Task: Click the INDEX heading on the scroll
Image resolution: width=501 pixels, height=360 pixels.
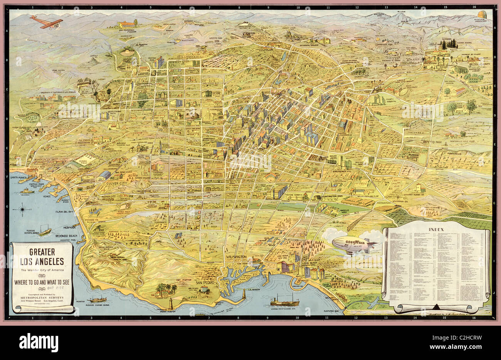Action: (436, 230)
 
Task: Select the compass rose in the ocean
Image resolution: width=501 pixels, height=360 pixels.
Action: (24, 210)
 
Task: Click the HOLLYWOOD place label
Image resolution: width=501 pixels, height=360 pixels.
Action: (188, 56)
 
